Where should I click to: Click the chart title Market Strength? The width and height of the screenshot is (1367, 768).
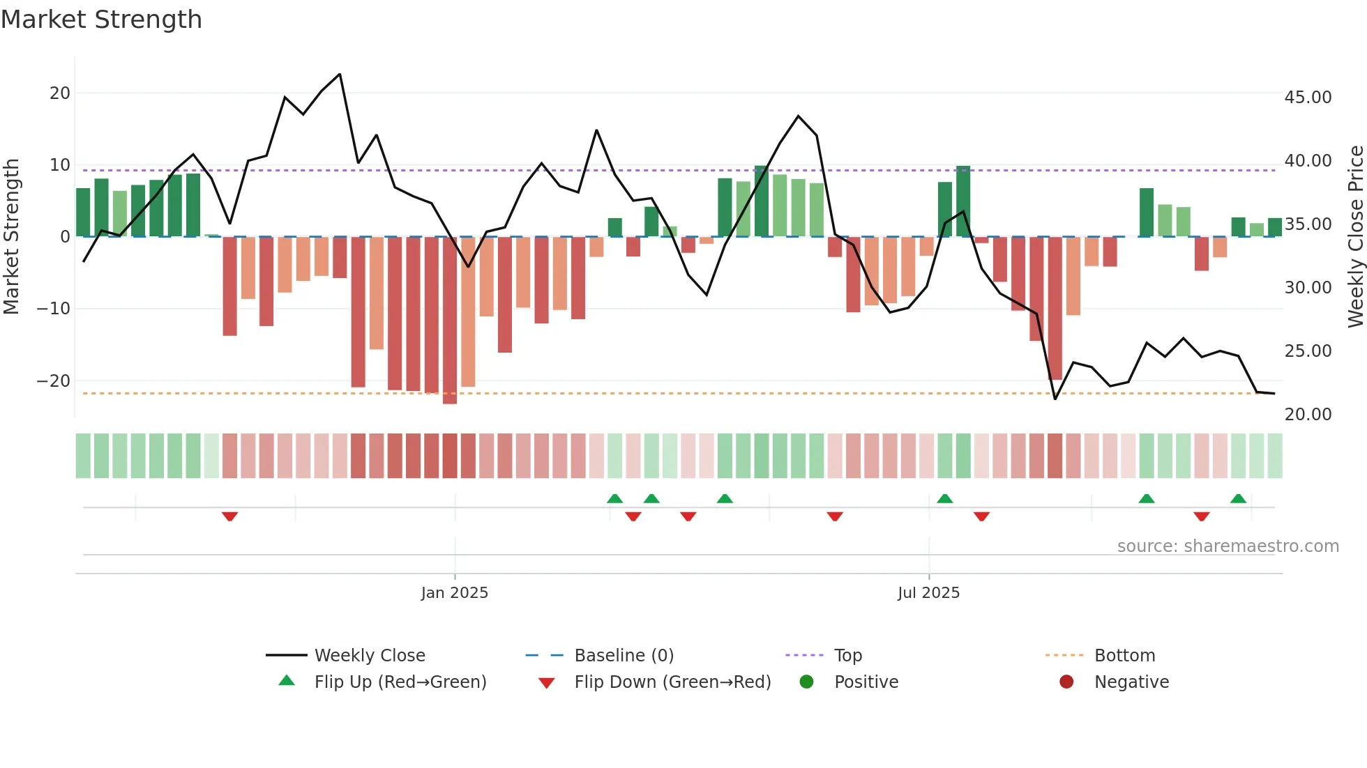pyautogui.click(x=101, y=20)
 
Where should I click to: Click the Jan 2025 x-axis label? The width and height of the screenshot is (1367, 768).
pyautogui.click(x=455, y=593)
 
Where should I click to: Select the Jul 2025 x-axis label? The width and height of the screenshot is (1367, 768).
pyautogui.click(x=928, y=593)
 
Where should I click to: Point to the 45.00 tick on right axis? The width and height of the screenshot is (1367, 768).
pyautogui.click(x=1308, y=98)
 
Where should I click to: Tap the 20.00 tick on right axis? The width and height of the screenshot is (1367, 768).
pyautogui.click(x=1308, y=415)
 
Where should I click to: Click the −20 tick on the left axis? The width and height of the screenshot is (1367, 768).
pyautogui.click(x=53, y=381)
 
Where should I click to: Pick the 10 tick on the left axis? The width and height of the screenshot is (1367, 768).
pyautogui.click(x=59, y=165)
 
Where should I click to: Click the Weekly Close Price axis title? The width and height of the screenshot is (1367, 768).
pyautogui.click(x=1355, y=237)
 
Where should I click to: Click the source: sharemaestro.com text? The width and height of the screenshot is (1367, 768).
pyautogui.click(x=1228, y=546)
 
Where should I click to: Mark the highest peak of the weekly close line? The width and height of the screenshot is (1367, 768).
pyautogui.click(x=340, y=74)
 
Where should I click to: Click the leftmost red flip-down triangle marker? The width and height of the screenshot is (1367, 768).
pyautogui.click(x=229, y=516)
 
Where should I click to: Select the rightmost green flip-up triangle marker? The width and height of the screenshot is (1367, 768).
pyautogui.click(x=1238, y=498)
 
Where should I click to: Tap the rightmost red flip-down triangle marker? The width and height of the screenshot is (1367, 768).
pyautogui.click(x=1201, y=516)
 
